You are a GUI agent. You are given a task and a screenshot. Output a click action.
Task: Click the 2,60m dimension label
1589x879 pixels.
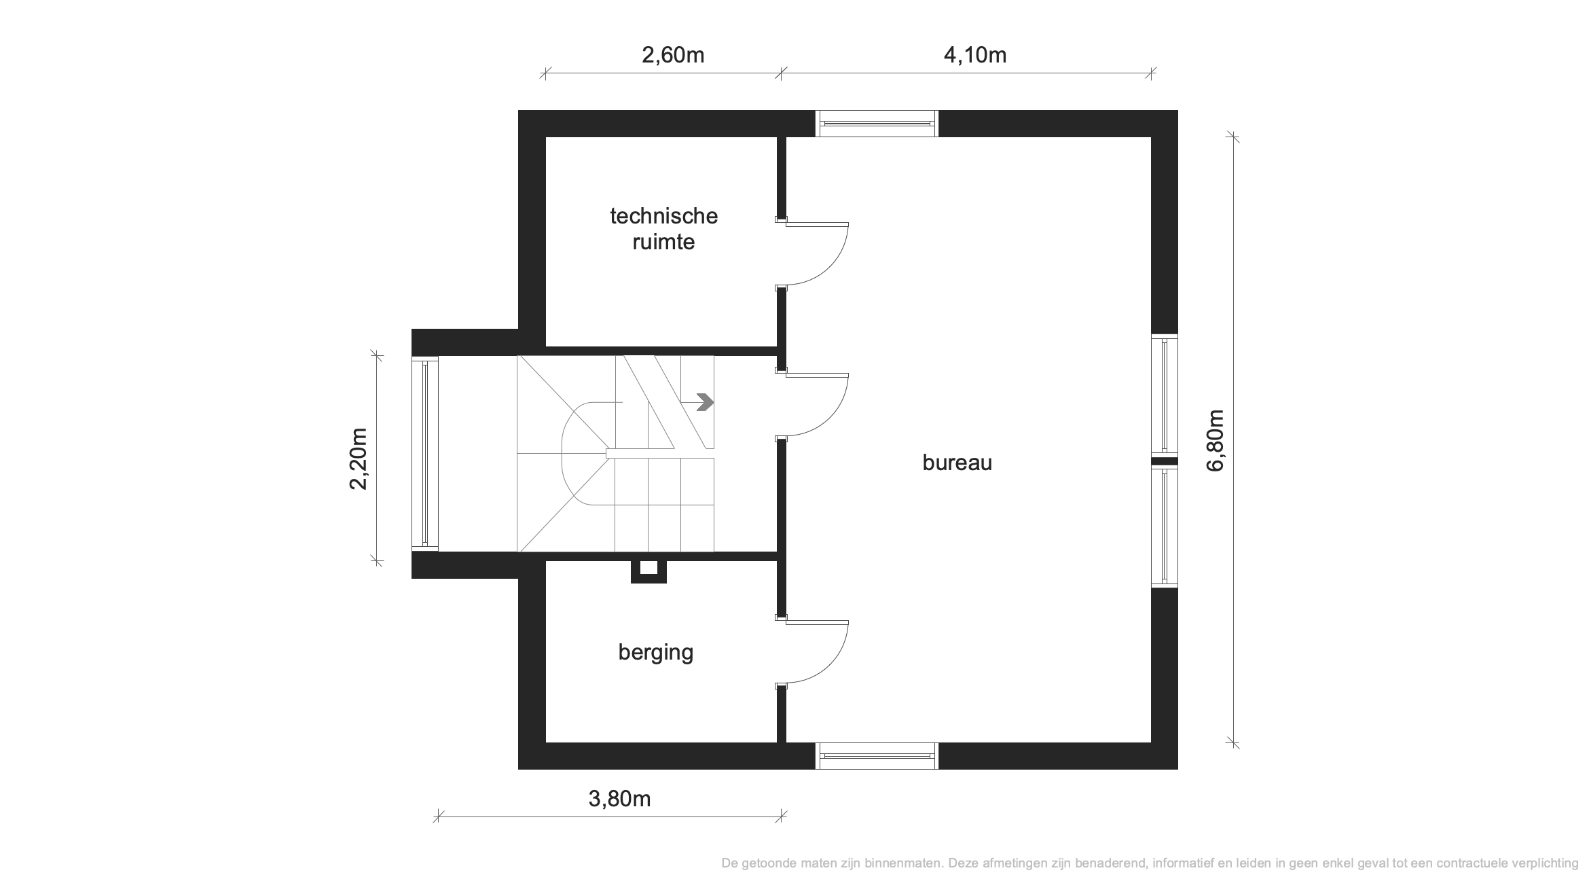click(673, 55)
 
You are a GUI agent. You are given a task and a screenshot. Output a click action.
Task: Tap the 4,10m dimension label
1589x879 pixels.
click(975, 55)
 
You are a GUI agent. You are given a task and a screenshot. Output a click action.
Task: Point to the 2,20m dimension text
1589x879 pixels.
click(358, 459)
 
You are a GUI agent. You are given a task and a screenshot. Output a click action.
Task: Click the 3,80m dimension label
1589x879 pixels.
click(619, 800)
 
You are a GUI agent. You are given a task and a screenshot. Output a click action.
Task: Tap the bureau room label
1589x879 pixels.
click(957, 463)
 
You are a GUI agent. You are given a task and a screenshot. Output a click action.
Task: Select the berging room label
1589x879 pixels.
click(656, 653)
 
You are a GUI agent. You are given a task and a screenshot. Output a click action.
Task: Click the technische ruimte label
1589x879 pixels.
click(663, 229)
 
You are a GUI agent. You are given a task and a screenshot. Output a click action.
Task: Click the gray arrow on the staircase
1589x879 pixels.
click(706, 403)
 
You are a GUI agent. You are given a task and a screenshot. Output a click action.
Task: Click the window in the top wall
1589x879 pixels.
click(877, 124)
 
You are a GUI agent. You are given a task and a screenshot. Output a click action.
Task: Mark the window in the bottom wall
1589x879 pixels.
click(877, 755)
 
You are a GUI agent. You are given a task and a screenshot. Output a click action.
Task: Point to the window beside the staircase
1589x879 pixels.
click(425, 453)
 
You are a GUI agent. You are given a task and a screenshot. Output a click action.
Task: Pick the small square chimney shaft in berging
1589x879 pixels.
click(649, 571)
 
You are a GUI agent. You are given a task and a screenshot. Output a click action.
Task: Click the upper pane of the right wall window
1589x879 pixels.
click(1165, 395)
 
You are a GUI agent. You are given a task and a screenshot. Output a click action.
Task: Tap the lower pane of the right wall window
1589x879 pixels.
click(1165, 526)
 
